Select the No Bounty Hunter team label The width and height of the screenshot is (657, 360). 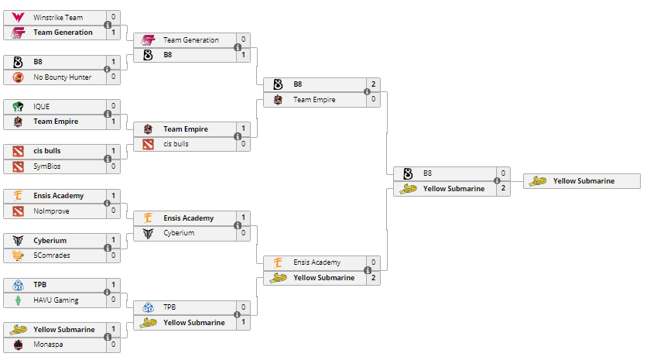[x=62, y=77]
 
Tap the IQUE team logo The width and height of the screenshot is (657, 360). [x=18, y=106]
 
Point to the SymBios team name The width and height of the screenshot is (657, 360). [x=48, y=166]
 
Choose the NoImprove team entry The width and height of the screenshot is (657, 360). [x=51, y=211]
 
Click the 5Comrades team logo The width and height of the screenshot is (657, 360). [x=18, y=255]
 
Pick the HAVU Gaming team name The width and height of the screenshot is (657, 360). [x=56, y=300]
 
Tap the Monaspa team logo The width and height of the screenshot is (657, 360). [x=18, y=345]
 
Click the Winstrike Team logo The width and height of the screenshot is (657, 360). [x=18, y=17]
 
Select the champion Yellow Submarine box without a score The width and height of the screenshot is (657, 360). [x=582, y=181]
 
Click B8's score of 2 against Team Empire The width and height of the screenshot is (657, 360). [x=373, y=84]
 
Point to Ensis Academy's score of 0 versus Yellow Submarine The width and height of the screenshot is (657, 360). [x=373, y=262]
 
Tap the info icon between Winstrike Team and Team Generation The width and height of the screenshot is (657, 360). [x=107, y=25]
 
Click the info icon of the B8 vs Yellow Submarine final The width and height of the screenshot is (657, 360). [x=497, y=181]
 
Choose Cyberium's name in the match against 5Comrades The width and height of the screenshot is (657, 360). [x=50, y=240]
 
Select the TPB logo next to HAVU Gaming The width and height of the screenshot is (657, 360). [x=18, y=285]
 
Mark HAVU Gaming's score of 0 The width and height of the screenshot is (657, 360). [x=113, y=300]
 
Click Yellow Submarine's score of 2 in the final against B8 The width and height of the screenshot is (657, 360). [x=503, y=188]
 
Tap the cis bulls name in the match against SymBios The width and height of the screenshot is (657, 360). [x=48, y=151]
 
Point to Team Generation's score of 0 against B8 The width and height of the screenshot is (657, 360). [x=243, y=39]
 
